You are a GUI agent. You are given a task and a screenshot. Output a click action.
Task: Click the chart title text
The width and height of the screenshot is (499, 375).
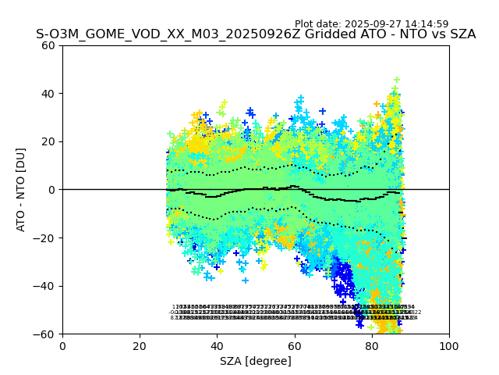(256, 34)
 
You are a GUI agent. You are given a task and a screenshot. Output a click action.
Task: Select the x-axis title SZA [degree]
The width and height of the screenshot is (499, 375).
(256, 361)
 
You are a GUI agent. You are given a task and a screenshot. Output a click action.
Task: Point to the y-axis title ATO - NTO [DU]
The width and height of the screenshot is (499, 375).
(22, 189)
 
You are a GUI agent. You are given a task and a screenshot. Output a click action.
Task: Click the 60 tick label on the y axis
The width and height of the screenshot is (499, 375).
(48, 45)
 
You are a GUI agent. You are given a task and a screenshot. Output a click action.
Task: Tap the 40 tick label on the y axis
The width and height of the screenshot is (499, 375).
(48, 94)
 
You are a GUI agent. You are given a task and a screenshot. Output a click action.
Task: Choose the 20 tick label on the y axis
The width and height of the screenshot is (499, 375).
(48, 141)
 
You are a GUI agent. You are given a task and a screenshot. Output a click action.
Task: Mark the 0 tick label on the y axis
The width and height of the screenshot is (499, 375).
(52, 190)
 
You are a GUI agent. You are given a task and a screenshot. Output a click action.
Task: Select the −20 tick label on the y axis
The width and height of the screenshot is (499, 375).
(46, 237)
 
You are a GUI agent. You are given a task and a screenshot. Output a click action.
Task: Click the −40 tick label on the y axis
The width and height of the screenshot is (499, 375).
(46, 286)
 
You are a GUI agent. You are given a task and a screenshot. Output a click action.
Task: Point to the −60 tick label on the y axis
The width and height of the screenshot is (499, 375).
(46, 334)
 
